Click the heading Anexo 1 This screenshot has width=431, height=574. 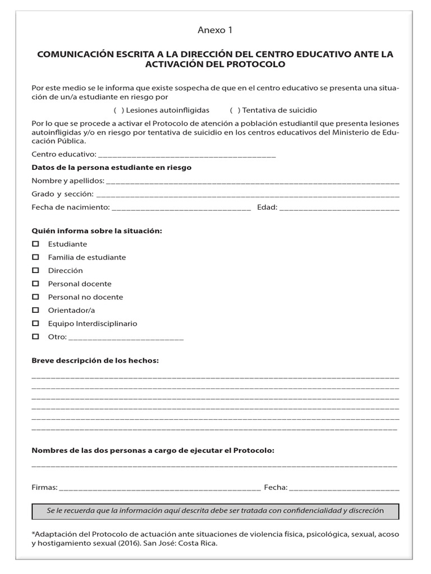click(215, 30)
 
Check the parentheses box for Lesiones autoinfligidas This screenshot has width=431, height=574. click(118, 110)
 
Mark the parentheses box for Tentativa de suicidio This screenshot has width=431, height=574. click(235, 110)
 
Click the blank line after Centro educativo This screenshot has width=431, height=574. click(187, 155)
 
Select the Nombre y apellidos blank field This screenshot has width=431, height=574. click(252, 182)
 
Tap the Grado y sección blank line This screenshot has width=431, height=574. click(247, 195)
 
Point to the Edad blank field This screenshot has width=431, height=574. click(339, 209)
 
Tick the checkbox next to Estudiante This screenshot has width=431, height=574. click(36, 244)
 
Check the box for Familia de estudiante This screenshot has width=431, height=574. click(36, 257)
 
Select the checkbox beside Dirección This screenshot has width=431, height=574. click(36, 270)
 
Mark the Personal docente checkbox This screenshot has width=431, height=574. click(36, 284)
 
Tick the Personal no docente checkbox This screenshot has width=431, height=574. click(36, 297)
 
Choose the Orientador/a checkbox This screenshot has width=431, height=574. click(36, 310)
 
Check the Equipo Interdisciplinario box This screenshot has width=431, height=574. click(36, 323)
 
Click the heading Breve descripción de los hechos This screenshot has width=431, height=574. click(95, 360)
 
